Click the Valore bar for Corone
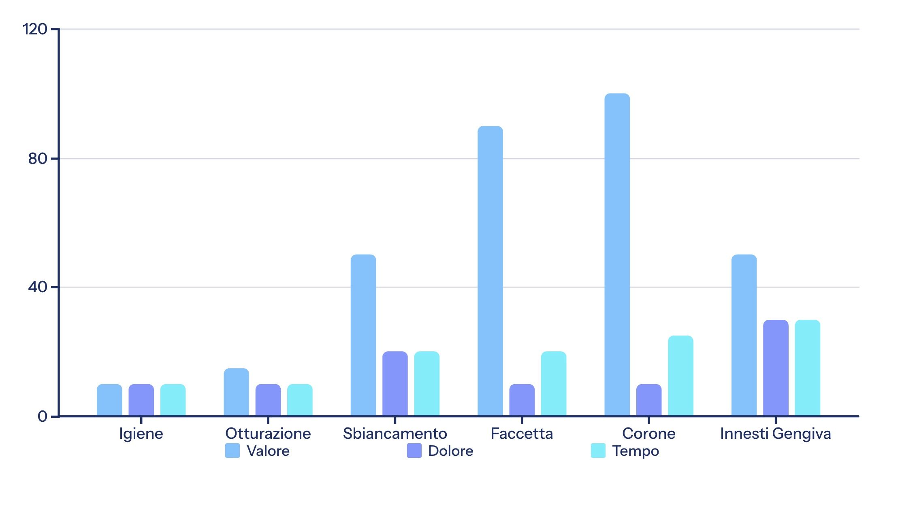(617, 255)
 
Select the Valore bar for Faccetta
(490, 271)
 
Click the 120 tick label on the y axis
(35, 29)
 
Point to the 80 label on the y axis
(38, 159)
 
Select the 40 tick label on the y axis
(38, 287)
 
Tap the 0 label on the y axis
(42, 417)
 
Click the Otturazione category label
(268, 434)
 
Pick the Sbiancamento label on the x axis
(395, 434)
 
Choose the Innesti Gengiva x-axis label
(775, 434)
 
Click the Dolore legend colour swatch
(414, 451)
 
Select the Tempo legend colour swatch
(598, 451)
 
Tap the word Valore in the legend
(268, 451)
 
